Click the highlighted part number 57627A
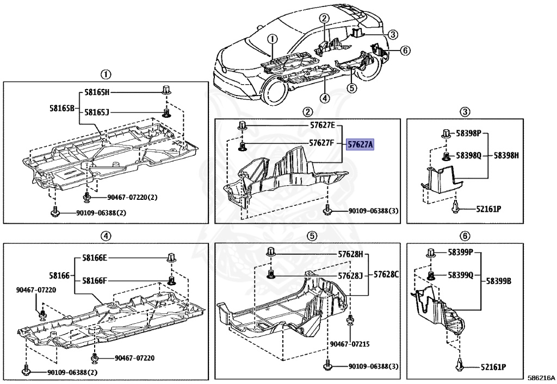tap(361, 144)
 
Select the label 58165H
tap(97, 92)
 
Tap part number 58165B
tap(61, 108)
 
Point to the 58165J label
tap(97, 112)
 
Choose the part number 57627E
tap(322, 125)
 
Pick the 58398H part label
tap(506, 155)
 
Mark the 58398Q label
tap(469, 155)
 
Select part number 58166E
tap(95, 258)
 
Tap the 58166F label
tap(95, 281)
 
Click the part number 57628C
tap(386, 275)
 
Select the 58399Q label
tap(461, 275)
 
